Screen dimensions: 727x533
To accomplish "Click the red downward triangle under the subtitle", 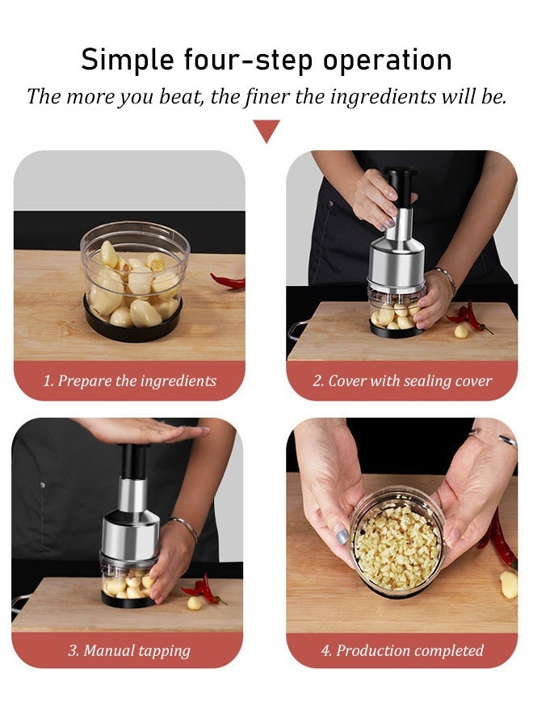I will [x=266, y=129].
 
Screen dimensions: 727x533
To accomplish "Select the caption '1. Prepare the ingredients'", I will [x=129, y=381].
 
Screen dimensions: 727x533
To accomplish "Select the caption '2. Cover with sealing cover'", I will [x=402, y=381].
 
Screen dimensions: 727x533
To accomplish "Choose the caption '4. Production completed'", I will [x=402, y=650].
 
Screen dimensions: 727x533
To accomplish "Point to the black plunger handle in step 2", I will [x=399, y=190].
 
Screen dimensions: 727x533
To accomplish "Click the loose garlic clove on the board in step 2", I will [x=460, y=331].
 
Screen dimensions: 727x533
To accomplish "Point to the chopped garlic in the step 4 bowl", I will [x=397, y=547].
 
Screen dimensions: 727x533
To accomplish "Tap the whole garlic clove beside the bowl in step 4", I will [x=508, y=585].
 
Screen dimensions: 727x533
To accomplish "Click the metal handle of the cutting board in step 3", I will [x=20, y=599].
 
